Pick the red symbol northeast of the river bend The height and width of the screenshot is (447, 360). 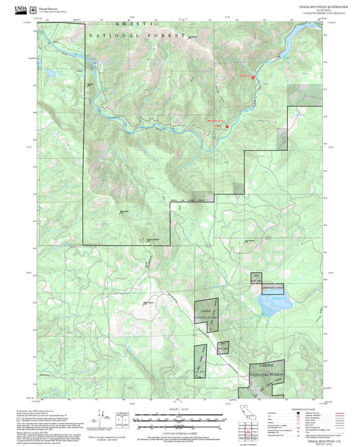[253, 78]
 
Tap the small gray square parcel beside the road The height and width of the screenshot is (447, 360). [222, 347]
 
